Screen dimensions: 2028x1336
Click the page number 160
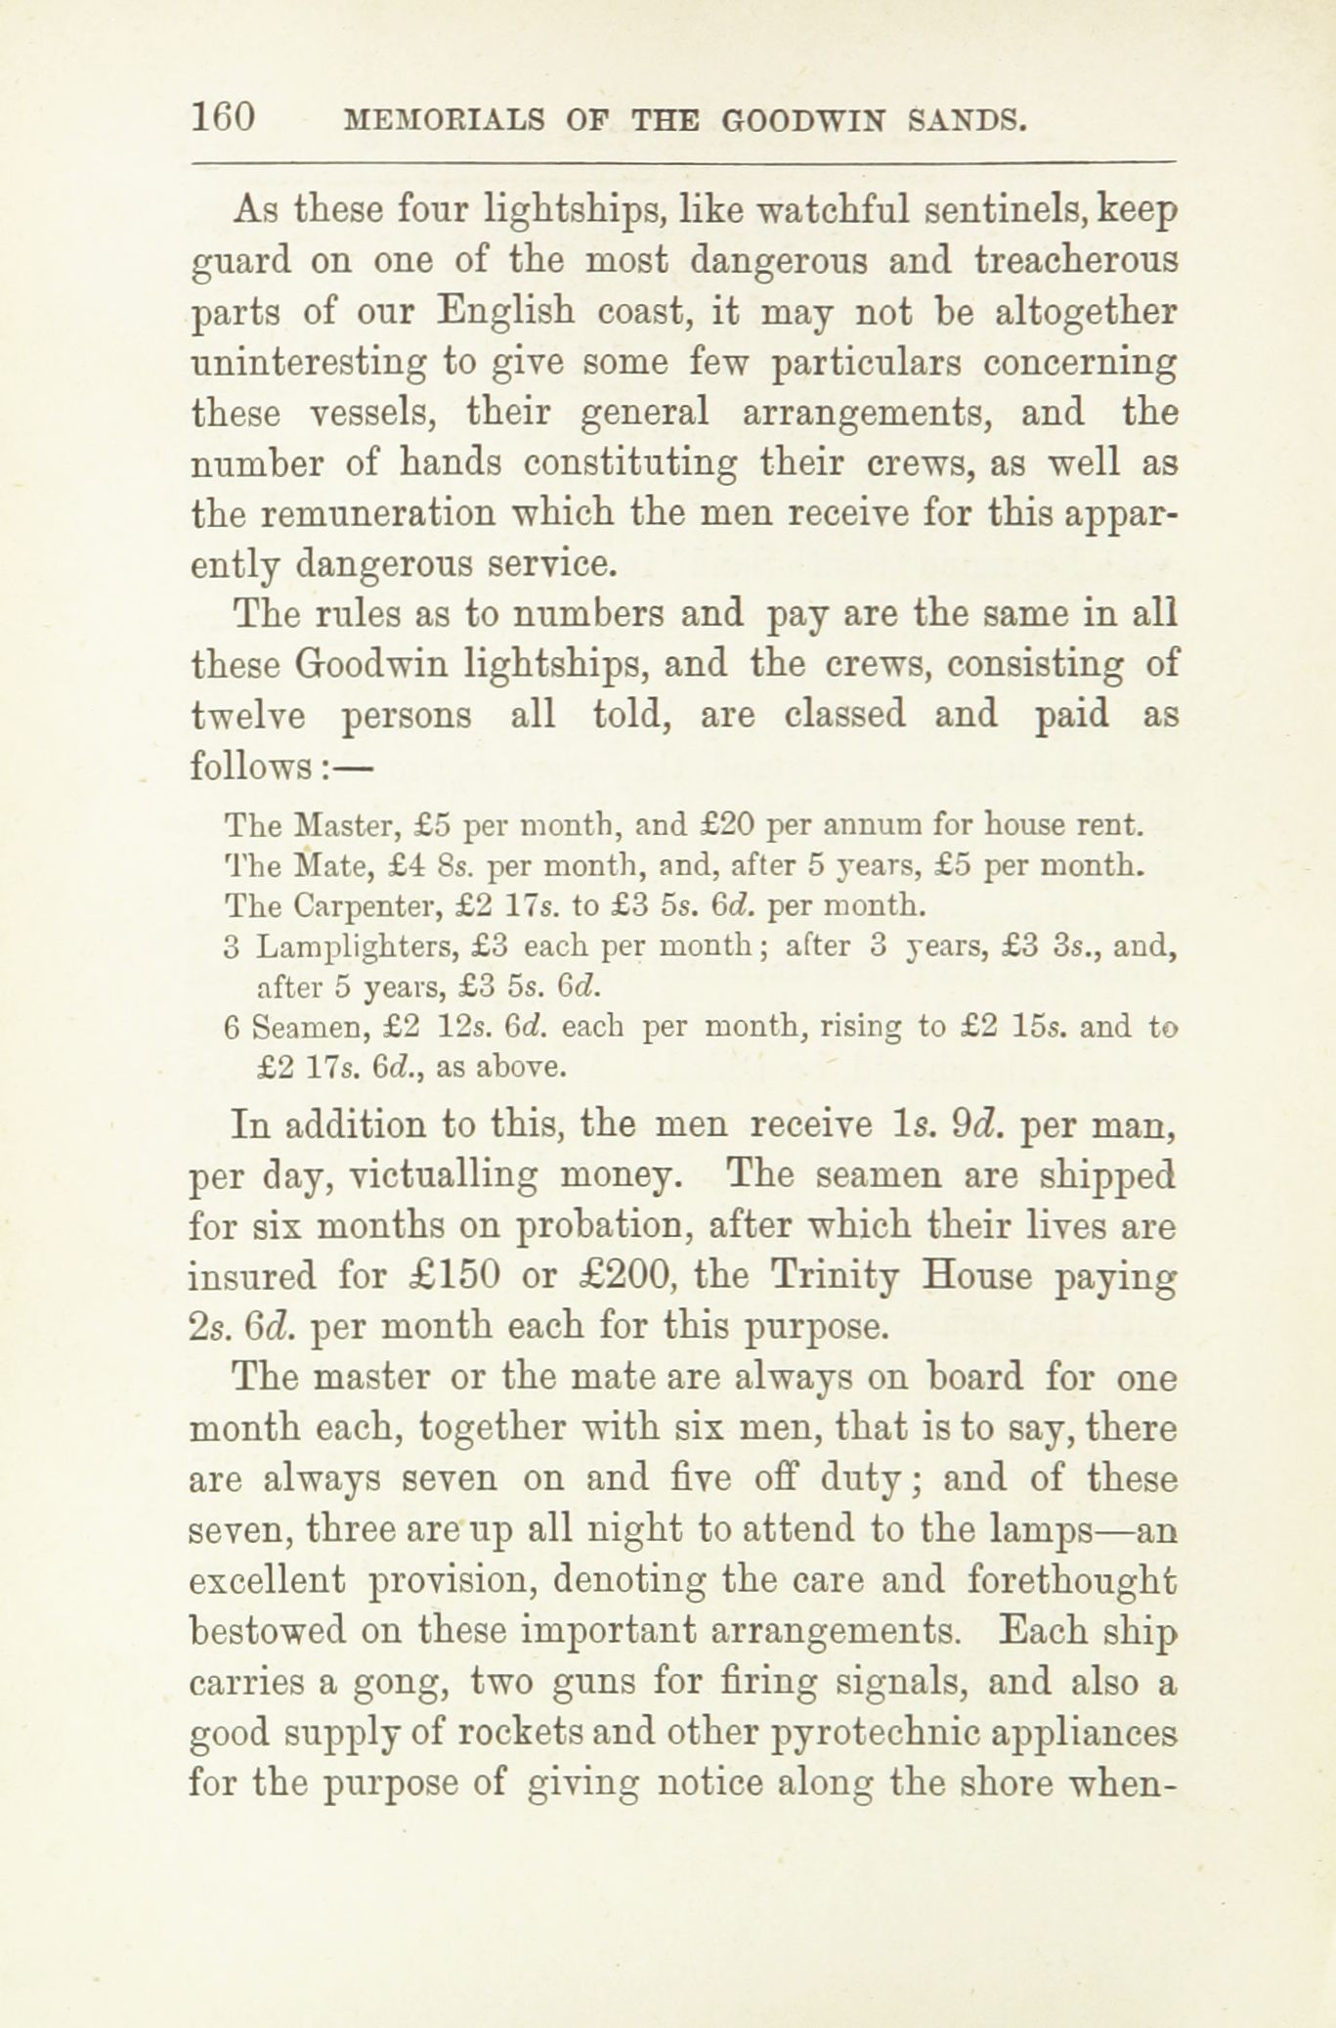(x=224, y=118)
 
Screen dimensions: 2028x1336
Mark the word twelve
(x=248, y=715)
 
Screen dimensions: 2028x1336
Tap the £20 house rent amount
(x=729, y=826)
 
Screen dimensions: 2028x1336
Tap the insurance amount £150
(x=456, y=1275)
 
